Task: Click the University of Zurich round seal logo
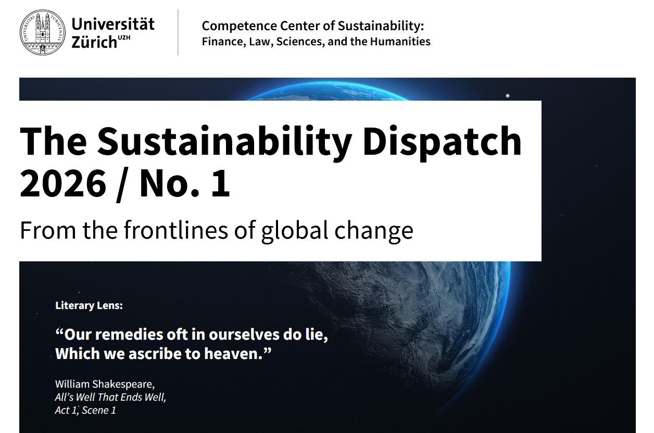[x=43, y=32]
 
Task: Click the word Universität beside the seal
[x=112, y=23]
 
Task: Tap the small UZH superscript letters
[x=124, y=38]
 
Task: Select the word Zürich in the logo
[x=94, y=42]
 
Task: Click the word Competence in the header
[x=239, y=26]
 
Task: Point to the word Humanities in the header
[x=400, y=42]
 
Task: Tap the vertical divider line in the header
[x=178, y=32]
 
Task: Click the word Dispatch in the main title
[x=442, y=142]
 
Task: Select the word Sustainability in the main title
[x=224, y=142]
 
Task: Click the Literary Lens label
[x=89, y=305]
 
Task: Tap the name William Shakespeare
[x=105, y=384]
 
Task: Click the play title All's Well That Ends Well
[x=110, y=397]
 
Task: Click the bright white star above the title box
[x=508, y=95]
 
